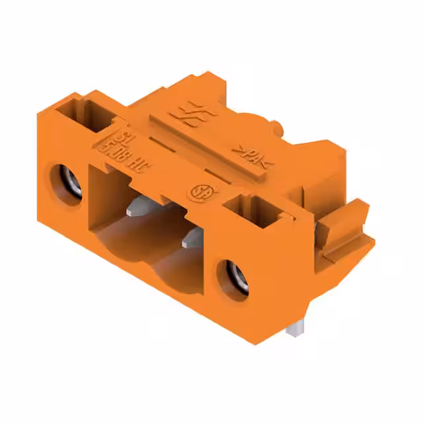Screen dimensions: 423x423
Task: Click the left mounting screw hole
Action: pyautogui.click(x=66, y=178)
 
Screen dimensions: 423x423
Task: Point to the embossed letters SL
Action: pyautogui.click(x=120, y=137)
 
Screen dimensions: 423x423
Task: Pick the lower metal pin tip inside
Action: pyautogui.click(x=192, y=235)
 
